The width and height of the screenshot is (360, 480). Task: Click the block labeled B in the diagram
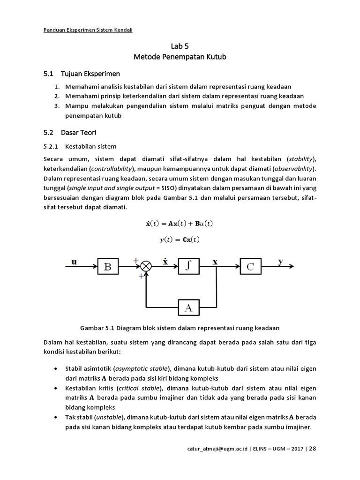click(107, 267)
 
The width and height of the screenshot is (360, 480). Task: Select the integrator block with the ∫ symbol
click(189, 266)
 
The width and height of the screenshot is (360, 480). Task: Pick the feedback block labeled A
click(189, 307)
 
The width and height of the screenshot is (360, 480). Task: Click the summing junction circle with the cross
click(146, 267)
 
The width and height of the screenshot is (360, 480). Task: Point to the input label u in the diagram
click(74, 262)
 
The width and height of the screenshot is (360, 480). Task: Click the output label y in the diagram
click(280, 262)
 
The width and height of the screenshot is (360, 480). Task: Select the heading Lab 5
click(180, 46)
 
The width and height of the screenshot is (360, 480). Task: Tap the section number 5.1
click(48, 74)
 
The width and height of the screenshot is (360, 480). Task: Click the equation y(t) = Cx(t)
click(180, 240)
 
